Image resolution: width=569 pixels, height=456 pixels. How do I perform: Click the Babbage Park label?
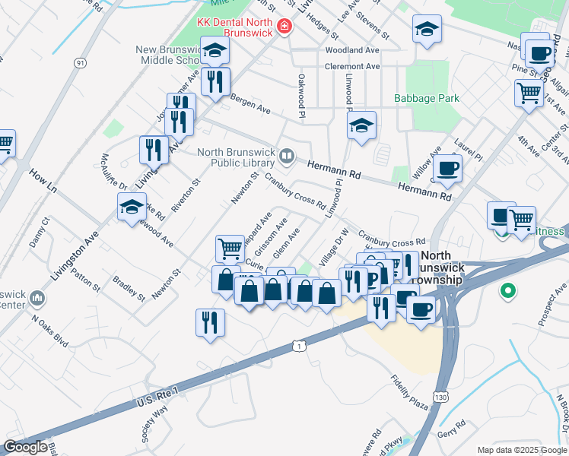pos(427,99)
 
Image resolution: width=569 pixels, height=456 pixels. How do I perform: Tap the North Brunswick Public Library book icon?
pos(287,157)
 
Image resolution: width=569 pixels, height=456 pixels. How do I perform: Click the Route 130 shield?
pos(440,397)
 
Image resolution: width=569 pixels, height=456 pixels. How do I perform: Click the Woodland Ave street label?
pos(351,50)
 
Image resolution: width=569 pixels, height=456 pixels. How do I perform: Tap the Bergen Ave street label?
pos(251,110)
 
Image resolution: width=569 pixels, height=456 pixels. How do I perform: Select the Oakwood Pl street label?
pos(301,95)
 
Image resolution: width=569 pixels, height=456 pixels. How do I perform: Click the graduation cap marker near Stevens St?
pos(427,30)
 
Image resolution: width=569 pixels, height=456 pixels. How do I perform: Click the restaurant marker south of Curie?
pos(210,322)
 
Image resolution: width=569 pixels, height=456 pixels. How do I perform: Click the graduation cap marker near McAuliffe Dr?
pos(132,206)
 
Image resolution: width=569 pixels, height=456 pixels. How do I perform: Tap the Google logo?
pos(26,446)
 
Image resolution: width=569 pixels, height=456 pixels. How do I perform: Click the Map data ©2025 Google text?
pos(522,450)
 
